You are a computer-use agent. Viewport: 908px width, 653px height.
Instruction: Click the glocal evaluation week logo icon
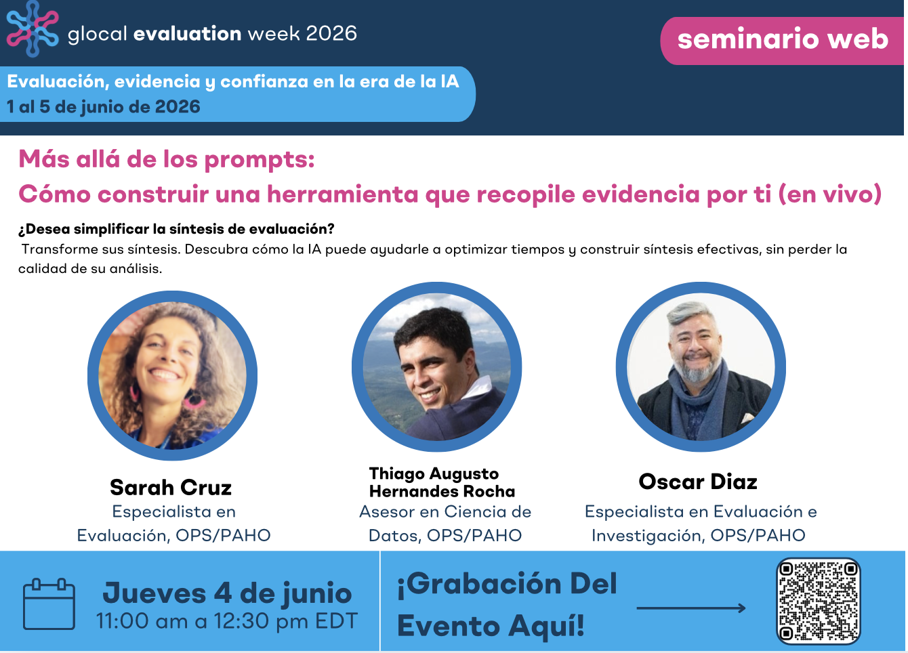pyautogui.click(x=33, y=28)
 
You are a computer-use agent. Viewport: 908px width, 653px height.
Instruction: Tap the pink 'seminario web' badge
pyautogui.click(x=783, y=41)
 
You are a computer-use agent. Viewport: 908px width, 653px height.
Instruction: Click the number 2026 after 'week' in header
pyautogui.click(x=331, y=33)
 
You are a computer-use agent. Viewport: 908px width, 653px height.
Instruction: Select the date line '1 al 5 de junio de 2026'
pyautogui.click(x=104, y=107)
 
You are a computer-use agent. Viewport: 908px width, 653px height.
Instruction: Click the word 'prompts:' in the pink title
pyautogui.click(x=260, y=160)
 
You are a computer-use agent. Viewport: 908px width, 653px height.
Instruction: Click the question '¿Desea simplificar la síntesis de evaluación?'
pyautogui.click(x=176, y=229)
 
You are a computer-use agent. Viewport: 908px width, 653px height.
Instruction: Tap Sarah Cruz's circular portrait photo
pyautogui.click(x=172, y=375)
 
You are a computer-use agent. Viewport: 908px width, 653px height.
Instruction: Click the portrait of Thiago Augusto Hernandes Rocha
pyautogui.click(x=436, y=367)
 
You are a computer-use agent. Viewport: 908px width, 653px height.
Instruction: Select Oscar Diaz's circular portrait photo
pyautogui.click(x=701, y=367)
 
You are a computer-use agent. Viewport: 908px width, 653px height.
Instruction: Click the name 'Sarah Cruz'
pyautogui.click(x=171, y=487)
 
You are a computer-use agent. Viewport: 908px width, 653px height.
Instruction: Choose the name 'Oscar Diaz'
pyautogui.click(x=698, y=482)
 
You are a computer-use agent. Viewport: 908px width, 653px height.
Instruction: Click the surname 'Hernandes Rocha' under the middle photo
pyautogui.click(x=442, y=491)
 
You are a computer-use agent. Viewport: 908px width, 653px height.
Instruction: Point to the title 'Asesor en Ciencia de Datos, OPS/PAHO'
pyautogui.click(x=445, y=524)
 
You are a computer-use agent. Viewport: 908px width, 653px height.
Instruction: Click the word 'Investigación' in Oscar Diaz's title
pyautogui.click(x=647, y=535)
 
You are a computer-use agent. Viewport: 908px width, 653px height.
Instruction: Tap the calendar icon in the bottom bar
pyautogui.click(x=49, y=604)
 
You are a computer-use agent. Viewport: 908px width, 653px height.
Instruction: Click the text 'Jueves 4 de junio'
pyautogui.click(x=227, y=593)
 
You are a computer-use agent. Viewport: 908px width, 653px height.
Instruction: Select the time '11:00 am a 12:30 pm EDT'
pyautogui.click(x=227, y=621)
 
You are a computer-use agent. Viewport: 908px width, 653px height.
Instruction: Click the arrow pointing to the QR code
pyautogui.click(x=691, y=608)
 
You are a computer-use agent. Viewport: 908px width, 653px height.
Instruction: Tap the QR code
pyautogui.click(x=819, y=601)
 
